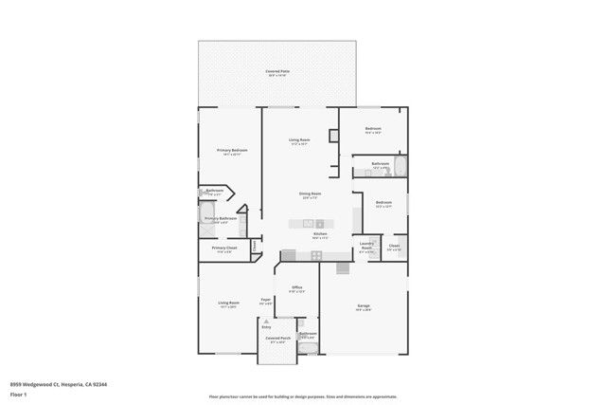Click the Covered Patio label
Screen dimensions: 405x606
coord(277,71)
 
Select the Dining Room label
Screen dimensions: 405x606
coord(308,193)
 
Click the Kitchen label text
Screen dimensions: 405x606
coord(320,233)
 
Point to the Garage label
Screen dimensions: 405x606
coord(363,305)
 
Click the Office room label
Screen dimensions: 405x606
coord(296,286)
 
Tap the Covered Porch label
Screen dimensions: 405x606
coord(276,338)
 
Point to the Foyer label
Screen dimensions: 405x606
coord(266,300)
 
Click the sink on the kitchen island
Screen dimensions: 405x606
coord(307,224)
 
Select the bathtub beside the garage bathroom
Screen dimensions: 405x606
coord(308,348)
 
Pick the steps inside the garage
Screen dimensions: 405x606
coord(342,267)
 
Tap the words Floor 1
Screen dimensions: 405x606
coord(19,393)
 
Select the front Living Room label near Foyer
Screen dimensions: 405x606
coord(229,304)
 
